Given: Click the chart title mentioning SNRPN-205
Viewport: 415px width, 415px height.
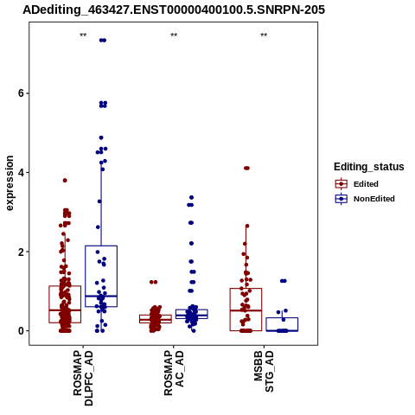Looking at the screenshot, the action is coord(174,10).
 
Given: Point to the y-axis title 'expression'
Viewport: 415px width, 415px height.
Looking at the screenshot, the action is coord(10,183).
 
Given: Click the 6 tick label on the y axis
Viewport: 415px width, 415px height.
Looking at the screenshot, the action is coord(21,93).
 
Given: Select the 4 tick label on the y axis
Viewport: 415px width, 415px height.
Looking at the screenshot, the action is coord(21,172).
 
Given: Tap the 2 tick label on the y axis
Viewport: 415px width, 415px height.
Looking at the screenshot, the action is coord(21,252).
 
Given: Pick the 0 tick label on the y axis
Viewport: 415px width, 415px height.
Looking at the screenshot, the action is coord(21,331).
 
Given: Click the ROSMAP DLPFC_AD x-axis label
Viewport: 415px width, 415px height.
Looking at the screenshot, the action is coord(83,378).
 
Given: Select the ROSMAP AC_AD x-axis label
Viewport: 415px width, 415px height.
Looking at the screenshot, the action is coord(174,373).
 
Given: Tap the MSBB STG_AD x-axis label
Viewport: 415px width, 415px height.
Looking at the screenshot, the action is coord(264,371).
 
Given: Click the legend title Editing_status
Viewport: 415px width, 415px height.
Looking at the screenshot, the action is coord(369,167).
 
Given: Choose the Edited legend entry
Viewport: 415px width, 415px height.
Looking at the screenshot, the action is coord(357,184).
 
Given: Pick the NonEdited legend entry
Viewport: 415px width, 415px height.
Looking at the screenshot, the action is coord(365,199).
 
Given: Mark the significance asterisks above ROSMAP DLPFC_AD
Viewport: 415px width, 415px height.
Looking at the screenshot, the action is coord(83,35).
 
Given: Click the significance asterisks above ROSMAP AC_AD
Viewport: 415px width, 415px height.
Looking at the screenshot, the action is coord(174,35).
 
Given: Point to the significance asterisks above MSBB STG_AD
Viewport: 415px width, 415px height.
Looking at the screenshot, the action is coord(264,35).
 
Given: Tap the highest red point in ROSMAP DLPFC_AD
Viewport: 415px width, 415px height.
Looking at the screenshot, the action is coord(65,181).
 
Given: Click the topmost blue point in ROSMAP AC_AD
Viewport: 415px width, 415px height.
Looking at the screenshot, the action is coord(191,197).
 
